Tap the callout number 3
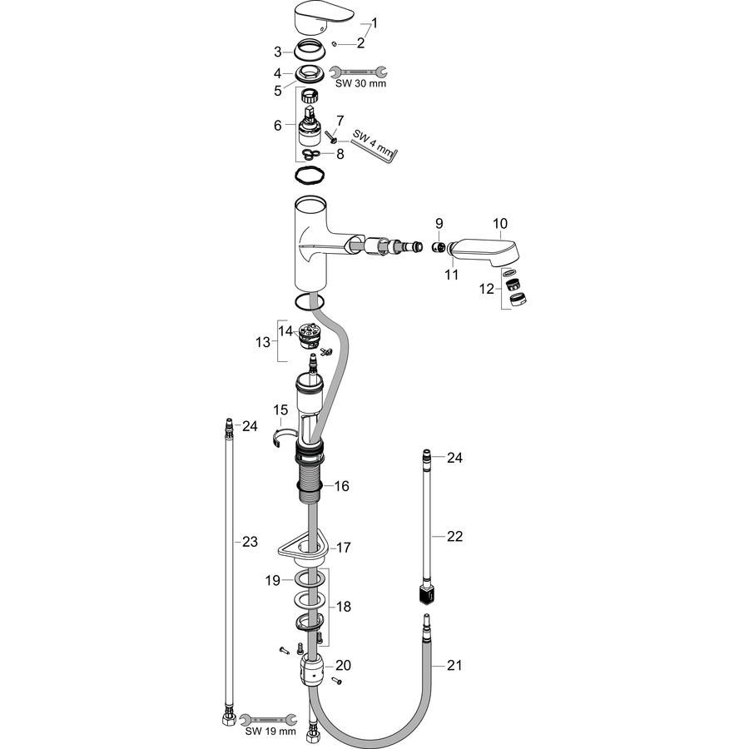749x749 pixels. pyautogui.click(x=277, y=52)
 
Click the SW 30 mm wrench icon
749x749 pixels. pyautogui.click(x=359, y=72)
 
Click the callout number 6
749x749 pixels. pyautogui.click(x=277, y=125)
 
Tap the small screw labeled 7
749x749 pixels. pyautogui.click(x=331, y=137)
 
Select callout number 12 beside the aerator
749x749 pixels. pyautogui.click(x=487, y=289)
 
